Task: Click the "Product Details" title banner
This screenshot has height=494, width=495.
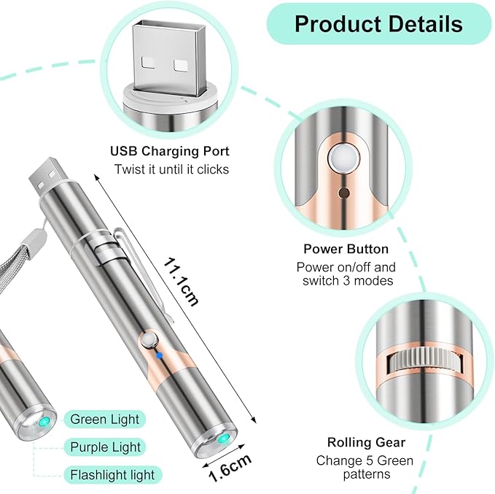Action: coord(379,23)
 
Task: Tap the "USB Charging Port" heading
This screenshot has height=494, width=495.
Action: coord(170,151)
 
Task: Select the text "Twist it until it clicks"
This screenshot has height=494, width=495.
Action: coord(171,169)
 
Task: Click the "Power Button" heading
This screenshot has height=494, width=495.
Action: coord(346,249)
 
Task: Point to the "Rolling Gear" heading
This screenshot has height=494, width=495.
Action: coord(366,442)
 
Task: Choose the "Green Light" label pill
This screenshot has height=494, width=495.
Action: coord(105,420)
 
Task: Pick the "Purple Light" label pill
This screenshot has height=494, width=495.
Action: coord(105,447)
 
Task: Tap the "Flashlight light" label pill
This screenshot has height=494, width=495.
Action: coord(113,475)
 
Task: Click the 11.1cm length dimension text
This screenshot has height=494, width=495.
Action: coord(181,282)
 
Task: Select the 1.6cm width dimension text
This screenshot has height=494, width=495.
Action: coord(230,468)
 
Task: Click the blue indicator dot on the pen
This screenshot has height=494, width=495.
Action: coord(160,355)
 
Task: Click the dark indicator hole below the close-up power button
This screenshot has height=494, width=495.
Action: coord(343,193)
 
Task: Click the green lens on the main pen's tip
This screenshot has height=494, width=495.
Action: coord(224,439)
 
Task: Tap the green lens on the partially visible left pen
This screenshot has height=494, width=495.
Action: coord(44,421)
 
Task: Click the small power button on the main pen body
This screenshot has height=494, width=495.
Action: coord(147,341)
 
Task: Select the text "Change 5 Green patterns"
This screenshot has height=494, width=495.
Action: coord(365,468)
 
